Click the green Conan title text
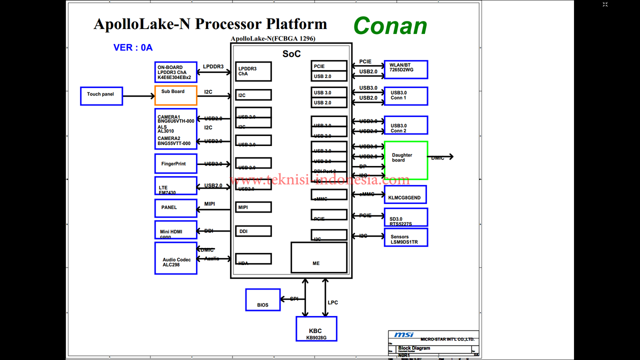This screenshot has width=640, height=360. [x=390, y=26]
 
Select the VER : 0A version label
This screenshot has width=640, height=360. [x=133, y=47]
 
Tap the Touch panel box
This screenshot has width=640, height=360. [x=101, y=95]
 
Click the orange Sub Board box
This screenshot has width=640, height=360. [x=175, y=95]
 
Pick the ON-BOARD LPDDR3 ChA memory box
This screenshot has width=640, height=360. [x=175, y=72]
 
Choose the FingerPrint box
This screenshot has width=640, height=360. [x=175, y=163]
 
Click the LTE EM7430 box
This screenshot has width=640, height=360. [x=175, y=186]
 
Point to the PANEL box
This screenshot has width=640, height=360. [x=175, y=208]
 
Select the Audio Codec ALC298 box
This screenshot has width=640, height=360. [x=175, y=258]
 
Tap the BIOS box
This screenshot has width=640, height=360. [x=262, y=299]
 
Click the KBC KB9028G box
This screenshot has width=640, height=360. [x=316, y=329]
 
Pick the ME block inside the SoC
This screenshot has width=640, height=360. [x=318, y=257]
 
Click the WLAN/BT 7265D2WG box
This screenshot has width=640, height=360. [x=405, y=69]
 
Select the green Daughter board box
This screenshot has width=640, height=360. [x=405, y=160]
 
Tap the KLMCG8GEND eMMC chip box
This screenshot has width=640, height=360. [x=405, y=194]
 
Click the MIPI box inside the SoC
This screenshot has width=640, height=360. [x=253, y=207]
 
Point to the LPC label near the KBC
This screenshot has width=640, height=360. [x=333, y=302]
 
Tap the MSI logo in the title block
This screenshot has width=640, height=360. [x=403, y=335]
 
